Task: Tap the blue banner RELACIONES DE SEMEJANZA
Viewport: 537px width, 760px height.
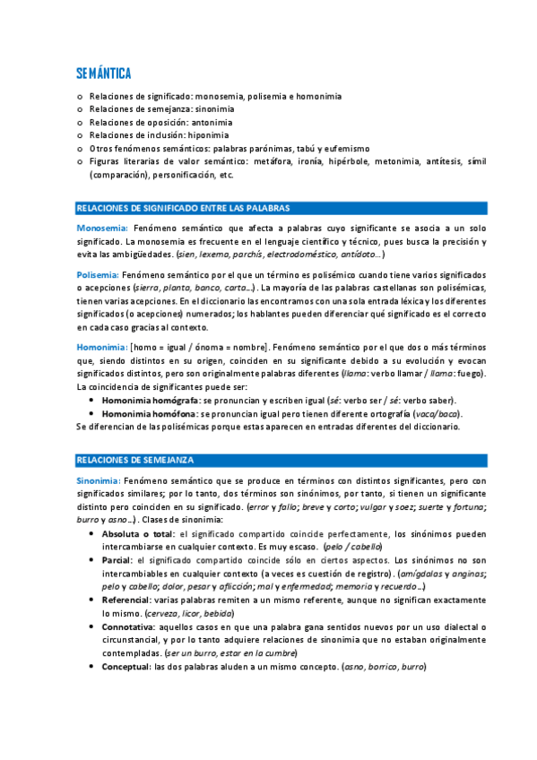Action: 135,460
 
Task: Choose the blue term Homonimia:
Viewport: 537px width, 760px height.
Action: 101,346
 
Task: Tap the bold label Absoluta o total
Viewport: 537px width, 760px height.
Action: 138,533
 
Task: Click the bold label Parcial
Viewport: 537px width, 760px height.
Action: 117,559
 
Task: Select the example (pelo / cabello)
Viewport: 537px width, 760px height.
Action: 353,547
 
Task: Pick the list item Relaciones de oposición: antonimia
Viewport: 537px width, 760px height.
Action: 160,123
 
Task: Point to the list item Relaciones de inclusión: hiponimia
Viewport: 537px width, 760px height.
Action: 159,135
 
